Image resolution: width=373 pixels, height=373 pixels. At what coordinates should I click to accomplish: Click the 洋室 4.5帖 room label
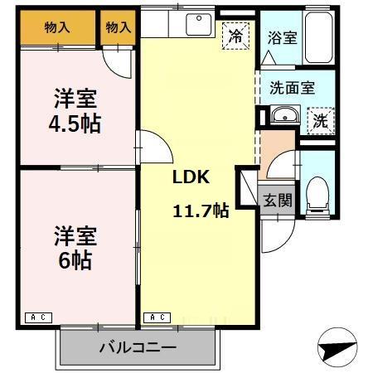click(75, 111)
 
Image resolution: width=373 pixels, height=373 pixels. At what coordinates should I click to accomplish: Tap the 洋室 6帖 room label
click(75, 247)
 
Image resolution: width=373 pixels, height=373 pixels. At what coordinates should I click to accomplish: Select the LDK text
click(190, 177)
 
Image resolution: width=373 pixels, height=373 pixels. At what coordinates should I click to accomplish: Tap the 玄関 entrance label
click(278, 200)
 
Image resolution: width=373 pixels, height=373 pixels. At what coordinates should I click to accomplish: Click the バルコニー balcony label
click(138, 346)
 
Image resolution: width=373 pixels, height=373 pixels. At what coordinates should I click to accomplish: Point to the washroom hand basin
click(283, 116)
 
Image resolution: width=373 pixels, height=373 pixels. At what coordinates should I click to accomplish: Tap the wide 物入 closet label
click(56, 27)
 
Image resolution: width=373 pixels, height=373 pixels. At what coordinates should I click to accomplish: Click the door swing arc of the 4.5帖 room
click(118, 62)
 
